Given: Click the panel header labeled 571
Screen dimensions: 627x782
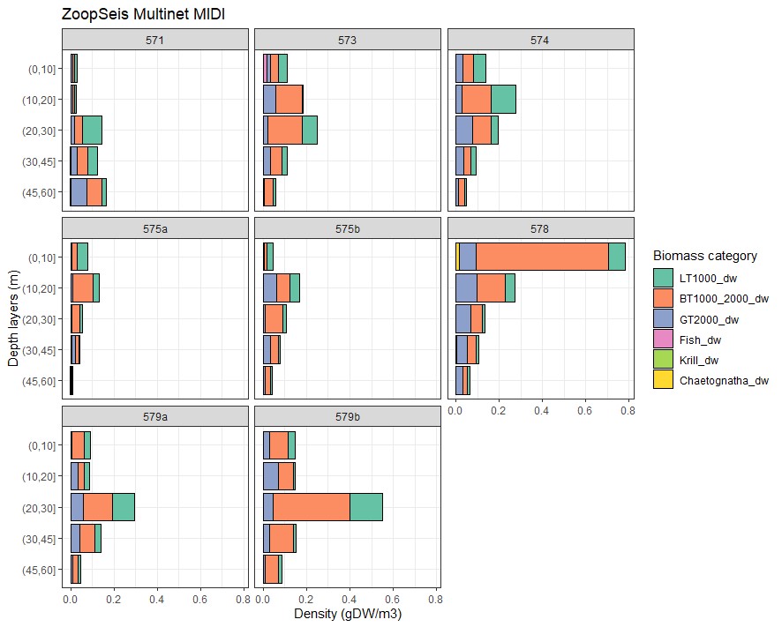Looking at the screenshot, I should pyautogui.click(x=154, y=40).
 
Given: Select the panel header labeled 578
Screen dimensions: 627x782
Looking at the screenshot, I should pyautogui.click(x=540, y=229).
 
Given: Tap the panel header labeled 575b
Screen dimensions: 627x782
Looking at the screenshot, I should pyautogui.click(x=347, y=229).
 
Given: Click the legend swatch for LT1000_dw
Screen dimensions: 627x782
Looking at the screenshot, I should pyautogui.click(x=663, y=278).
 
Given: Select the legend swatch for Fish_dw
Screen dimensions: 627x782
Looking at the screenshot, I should pyautogui.click(x=663, y=340).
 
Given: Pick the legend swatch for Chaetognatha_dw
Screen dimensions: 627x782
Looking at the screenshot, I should pyautogui.click(x=663, y=380).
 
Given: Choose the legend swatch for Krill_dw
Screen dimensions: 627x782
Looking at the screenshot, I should pyautogui.click(x=663, y=360).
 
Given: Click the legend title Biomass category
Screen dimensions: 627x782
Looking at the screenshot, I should pyautogui.click(x=704, y=256).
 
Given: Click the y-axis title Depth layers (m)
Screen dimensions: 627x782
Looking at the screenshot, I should pyautogui.click(x=13, y=317).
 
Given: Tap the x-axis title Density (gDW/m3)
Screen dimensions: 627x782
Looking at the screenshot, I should pyautogui.click(x=347, y=614).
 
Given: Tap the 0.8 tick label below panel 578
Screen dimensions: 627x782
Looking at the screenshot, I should pyautogui.click(x=627, y=410).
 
